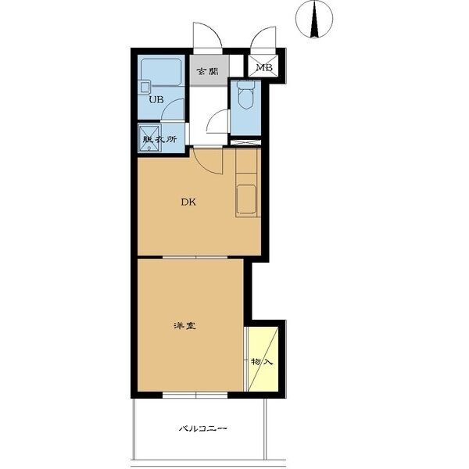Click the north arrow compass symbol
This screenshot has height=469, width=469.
(x=314, y=19)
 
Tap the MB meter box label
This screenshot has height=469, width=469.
(x=264, y=67)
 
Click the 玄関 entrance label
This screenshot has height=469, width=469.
(x=207, y=71)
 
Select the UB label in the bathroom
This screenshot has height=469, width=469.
(x=156, y=99)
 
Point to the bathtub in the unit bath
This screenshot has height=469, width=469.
(x=161, y=73)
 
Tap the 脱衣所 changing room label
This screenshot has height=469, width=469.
(x=160, y=139)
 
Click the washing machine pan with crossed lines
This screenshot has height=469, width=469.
(x=149, y=138)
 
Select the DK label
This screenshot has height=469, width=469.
(x=188, y=202)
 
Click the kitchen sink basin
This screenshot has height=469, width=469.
(x=246, y=199)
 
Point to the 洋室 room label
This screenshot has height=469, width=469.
(x=185, y=325)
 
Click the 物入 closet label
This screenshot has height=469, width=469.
(x=262, y=362)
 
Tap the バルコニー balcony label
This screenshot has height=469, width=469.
(x=202, y=428)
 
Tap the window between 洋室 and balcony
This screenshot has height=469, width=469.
(x=195, y=395)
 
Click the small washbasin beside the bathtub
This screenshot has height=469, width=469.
(x=145, y=88)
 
